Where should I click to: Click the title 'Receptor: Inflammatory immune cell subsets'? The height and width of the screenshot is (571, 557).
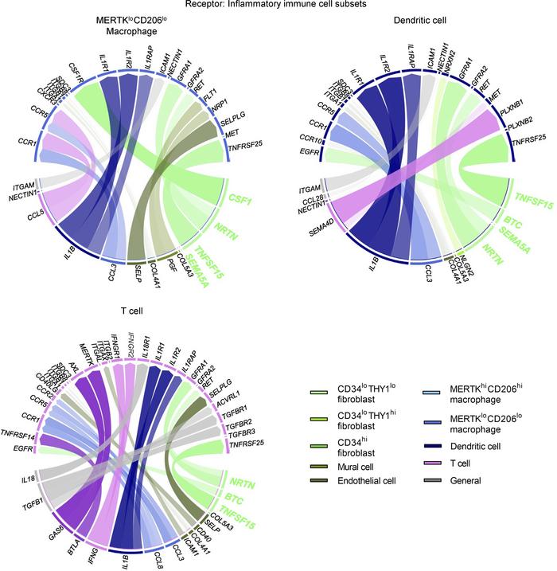pos(278,5)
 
